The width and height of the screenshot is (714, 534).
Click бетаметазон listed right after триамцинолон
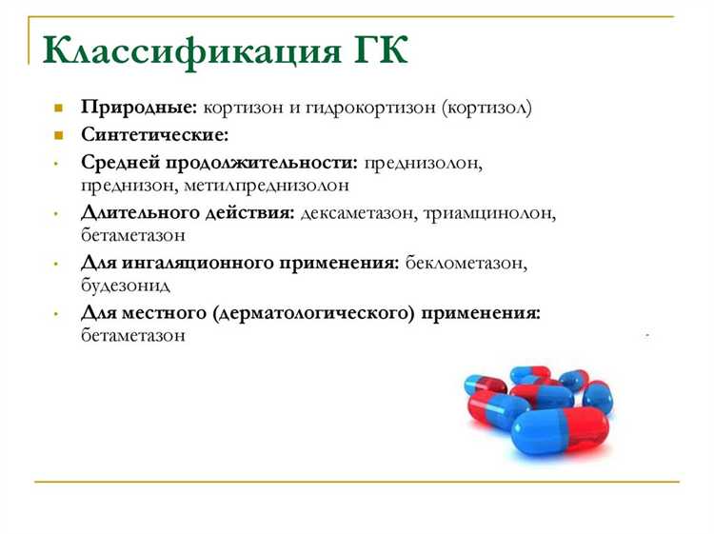click(x=133, y=235)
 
